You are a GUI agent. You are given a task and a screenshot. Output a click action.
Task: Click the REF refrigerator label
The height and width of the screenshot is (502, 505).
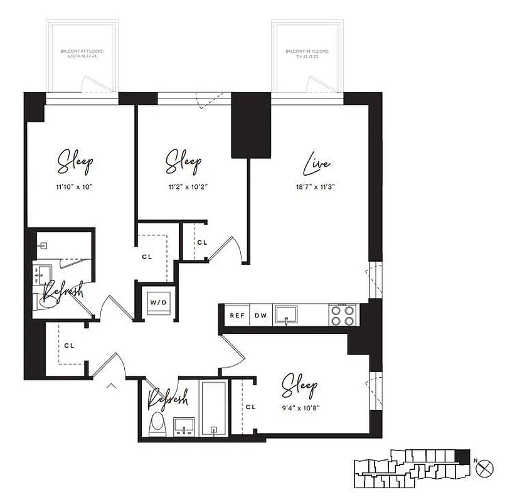pos(237,316)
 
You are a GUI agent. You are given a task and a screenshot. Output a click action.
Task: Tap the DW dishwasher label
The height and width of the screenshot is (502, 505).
pos(260,316)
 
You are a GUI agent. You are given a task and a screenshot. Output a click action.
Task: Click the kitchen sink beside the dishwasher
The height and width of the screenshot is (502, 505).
pos(287,314)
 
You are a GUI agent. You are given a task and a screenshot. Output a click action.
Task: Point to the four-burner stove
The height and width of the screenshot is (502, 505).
pos(343,315)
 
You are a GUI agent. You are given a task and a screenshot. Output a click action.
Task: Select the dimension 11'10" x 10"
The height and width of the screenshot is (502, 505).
pos(75,186)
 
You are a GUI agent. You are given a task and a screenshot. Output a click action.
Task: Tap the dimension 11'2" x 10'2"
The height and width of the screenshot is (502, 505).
pos(183,186)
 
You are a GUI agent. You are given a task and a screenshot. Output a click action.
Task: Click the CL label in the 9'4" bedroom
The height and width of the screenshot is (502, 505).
pos(251,407)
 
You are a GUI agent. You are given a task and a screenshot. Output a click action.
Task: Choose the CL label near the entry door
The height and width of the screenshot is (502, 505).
pos(69,345)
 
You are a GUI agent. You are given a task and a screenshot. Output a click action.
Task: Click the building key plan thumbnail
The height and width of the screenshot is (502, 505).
pos(411,467)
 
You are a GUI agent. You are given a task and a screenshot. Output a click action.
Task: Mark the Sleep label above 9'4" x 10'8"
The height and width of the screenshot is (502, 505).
pos(299,384)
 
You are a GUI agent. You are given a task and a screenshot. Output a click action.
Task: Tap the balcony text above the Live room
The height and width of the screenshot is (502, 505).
pos(307,53)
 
